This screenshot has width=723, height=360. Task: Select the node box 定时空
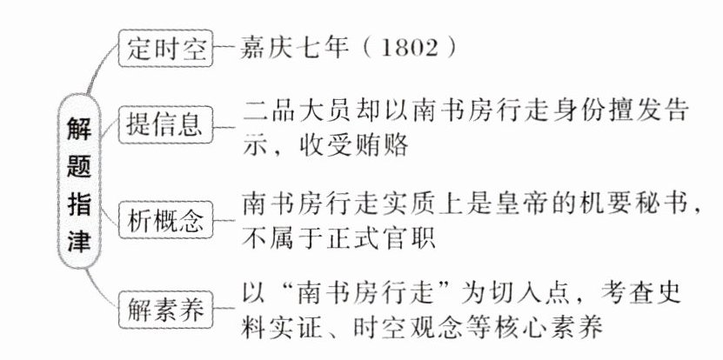coord(164,48)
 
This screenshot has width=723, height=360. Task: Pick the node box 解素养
coord(165,308)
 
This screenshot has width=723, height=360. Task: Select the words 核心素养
coord(559,330)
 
